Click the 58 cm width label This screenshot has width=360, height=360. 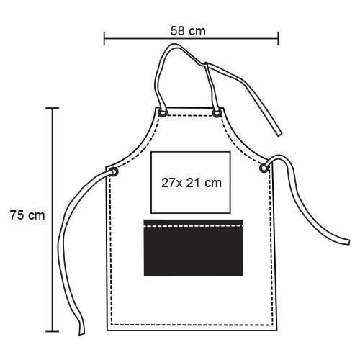coord(188,31)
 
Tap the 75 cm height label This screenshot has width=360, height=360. coord(27,215)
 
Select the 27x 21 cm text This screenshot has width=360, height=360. coord(192,183)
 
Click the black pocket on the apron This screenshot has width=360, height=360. coord(193,248)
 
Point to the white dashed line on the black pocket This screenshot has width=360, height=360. coord(193,226)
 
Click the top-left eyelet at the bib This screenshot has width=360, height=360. coord(163,112)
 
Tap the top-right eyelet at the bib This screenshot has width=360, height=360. coord(217,113)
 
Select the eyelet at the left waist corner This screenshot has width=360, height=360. coord(114,172)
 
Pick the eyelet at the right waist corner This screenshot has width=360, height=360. coord(264,168)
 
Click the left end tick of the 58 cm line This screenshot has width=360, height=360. coord(104,38)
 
